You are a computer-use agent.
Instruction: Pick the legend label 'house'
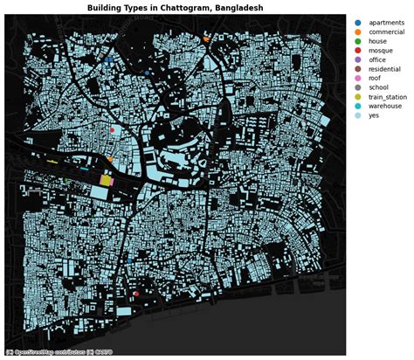tap(378, 43)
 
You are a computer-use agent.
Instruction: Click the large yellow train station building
tap(106, 180)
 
